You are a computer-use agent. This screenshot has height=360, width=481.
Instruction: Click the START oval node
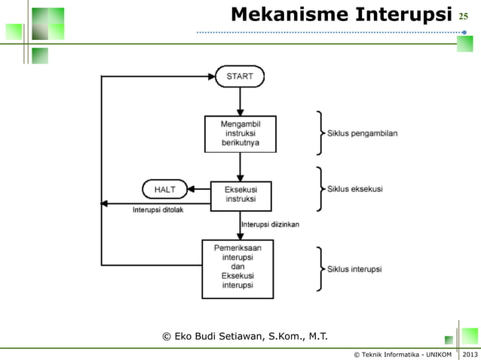point(240,76)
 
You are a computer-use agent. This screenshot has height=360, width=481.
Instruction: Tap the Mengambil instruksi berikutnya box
point(240,133)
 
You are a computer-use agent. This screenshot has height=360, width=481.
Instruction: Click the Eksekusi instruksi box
point(240,195)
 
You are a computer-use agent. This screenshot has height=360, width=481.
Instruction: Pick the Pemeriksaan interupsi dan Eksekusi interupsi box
point(237,269)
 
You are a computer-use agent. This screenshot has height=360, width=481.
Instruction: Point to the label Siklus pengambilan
point(363,133)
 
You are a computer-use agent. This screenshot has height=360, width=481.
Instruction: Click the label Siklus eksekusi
point(355,189)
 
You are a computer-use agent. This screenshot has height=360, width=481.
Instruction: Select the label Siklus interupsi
point(354,269)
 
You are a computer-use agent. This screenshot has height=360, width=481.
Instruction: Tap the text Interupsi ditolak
point(158,210)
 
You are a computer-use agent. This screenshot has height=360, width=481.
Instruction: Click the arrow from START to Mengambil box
point(240,100)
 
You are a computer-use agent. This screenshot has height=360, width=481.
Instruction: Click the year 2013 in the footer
point(470,353)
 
